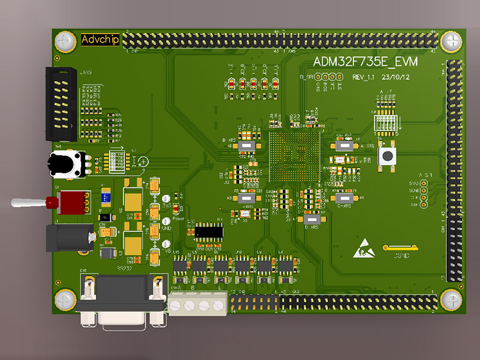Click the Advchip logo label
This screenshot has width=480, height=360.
(100, 40)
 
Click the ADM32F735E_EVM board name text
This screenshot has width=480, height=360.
(366, 62)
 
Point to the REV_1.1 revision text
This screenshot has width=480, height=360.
(363, 77)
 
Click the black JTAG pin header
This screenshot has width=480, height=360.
(61, 105)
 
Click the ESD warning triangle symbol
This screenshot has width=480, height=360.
(364, 248)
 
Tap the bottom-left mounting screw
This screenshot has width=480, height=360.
(64, 299)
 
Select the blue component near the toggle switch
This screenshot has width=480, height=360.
(106, 195)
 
